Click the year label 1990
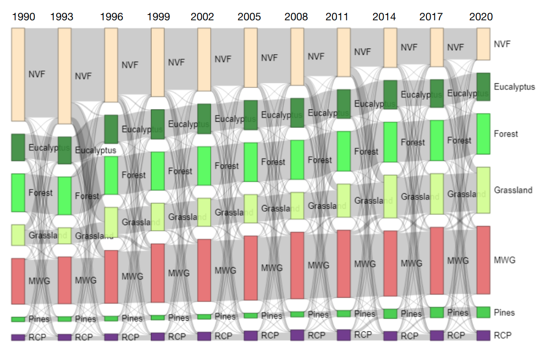coord(23,17)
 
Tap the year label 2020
coord(481,17)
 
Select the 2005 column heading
coord(249,17)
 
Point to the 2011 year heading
coord(337,17)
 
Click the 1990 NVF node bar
coord(18,75)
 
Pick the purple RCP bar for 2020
coord(483,335)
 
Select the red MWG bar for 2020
coord(483,260)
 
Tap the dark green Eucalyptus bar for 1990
coord(18,147)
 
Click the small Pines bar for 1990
coord(18,319)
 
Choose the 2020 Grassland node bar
coord(483,190)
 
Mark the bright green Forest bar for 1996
coord(111,176)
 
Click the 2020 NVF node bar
coord(483,44)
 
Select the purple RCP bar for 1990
coord(18,337)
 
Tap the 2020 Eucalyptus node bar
coord(483,87)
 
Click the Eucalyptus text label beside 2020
coord(514,87)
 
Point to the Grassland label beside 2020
coord(513,190)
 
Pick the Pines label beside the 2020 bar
coord(504,312)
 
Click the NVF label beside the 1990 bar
coord(37,74)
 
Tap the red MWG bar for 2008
coord(297,266)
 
